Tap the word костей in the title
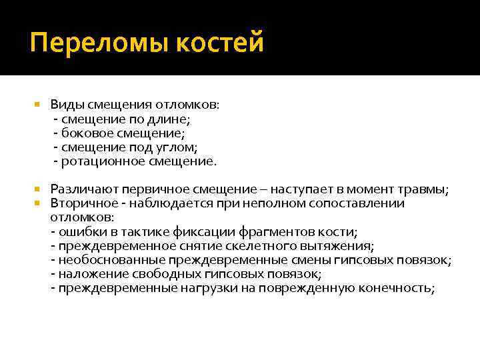point(220,43)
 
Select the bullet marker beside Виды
point(37,105)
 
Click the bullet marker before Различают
point(37,189)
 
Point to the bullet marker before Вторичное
point(37,203)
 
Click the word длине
point(171,119)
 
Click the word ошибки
point(78,232)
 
